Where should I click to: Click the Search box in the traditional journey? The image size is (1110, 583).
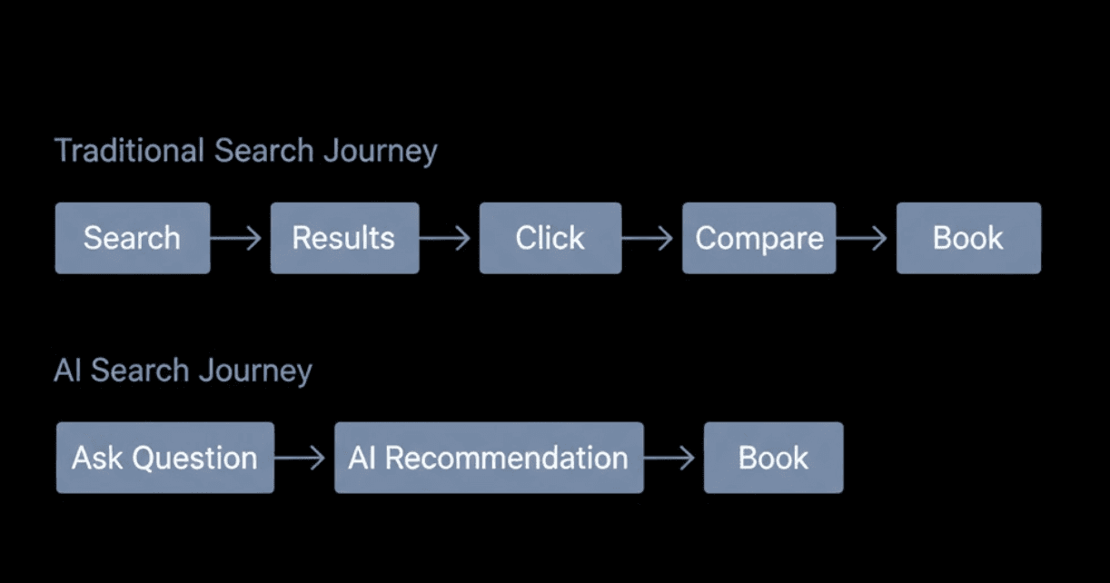tap(132, 238)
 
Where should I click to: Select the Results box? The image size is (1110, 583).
tap(344, 238)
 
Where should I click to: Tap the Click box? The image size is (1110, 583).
tap(550, 238)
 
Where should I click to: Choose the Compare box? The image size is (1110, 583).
tap(758, 238)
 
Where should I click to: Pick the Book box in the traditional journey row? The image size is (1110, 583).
tap(968, 238)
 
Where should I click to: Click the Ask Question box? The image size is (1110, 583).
tap(164, 458)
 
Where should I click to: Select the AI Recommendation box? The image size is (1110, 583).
tap(489, 458)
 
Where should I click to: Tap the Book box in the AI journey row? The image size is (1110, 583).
tap(773, 458)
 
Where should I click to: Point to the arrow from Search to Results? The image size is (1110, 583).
tap(238, 238)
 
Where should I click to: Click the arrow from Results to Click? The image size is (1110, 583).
tap(447, 238)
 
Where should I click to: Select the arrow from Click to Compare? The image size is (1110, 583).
tap(650, 238)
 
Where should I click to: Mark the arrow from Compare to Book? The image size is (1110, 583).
tap(864, 238)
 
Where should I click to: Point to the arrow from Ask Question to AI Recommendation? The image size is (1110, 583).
tap(302, 458)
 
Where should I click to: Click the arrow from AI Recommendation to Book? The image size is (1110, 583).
tap(671, 458)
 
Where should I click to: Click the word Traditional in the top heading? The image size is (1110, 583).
tap(130, 151)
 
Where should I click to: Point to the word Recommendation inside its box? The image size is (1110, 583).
tap(506, 458)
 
